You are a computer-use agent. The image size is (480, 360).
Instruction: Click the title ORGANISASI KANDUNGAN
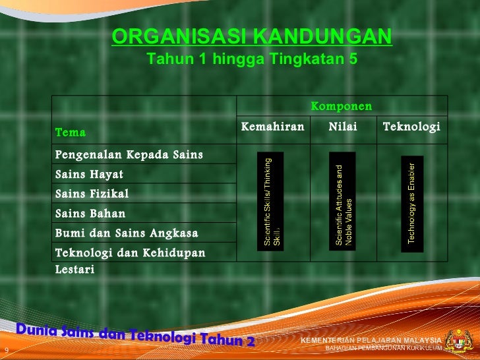(252, 37)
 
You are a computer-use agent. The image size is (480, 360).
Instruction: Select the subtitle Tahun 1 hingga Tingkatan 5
(252, 59)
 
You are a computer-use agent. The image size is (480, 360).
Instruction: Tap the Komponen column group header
(341, 106)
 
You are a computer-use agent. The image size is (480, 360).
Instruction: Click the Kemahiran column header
(273, 127)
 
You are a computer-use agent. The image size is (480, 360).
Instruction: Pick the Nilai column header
(343, 127)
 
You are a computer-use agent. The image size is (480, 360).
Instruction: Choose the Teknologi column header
(411, 127)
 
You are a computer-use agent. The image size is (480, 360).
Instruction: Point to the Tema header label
(71, 133)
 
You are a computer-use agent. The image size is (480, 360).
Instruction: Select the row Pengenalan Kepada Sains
(129, 155)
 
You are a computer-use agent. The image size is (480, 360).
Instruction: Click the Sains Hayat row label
(89, 175)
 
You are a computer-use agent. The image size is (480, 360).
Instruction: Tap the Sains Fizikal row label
(92, 194)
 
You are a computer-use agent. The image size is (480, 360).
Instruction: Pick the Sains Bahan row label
(90, 214)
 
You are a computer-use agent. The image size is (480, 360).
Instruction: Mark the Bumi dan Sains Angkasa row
(127, 233)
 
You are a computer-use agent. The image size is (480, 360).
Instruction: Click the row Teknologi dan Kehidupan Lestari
(130, 260)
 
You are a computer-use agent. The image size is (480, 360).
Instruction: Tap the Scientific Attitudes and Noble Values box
(343, 202)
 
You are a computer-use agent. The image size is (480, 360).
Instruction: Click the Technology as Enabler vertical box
(412, 203)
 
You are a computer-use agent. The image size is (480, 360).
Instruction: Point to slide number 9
(6, 349)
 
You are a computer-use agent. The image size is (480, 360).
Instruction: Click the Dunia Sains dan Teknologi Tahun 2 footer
(135, 335)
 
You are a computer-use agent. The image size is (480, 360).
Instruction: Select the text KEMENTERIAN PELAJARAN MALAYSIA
(371, 340)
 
